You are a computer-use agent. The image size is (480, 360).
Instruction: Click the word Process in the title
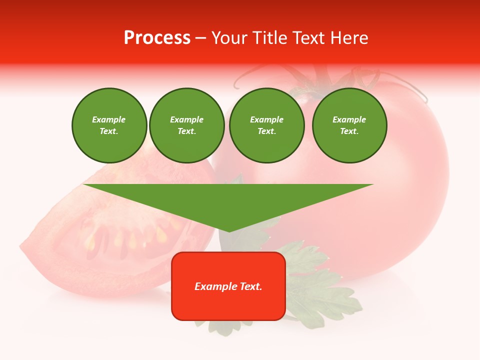157,38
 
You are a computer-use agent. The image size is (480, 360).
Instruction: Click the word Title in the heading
269,38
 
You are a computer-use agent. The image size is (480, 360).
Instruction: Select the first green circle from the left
109,125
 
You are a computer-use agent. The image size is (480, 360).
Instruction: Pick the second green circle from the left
186,125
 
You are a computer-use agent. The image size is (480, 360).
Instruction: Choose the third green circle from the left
266,125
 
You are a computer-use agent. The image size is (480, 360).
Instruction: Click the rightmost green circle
349,125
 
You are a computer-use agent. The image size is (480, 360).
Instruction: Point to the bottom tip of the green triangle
228,231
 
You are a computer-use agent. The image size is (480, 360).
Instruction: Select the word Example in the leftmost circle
109,119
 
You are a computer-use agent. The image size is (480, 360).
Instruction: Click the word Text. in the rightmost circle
349,131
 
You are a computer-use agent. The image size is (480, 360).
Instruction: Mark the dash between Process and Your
200,38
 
